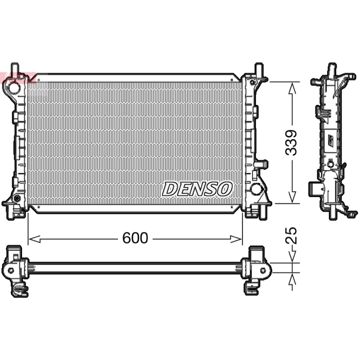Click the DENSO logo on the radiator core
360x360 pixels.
197,189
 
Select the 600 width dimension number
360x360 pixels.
135,238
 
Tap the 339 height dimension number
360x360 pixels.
291,143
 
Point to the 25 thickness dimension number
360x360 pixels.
291,235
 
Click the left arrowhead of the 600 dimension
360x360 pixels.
35,239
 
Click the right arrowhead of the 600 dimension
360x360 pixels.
236,239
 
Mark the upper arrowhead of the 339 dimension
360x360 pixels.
292,88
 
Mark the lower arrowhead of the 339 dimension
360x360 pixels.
292,197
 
